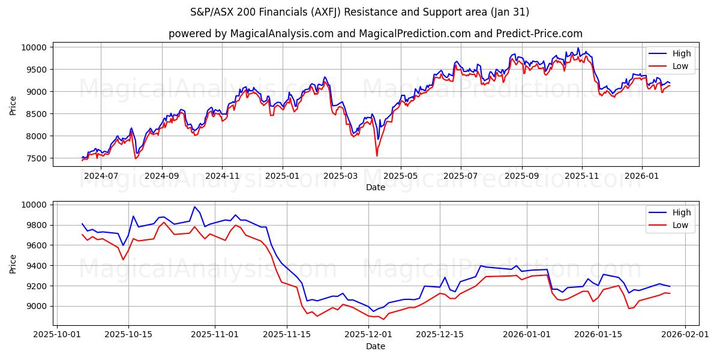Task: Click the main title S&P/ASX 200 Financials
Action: [x=359, y=12]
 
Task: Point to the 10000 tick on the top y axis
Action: [x=34, y=47]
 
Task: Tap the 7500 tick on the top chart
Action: [x=37, y=158]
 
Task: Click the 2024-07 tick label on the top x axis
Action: [x=101, y=176]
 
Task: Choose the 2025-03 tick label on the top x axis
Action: [x=341, y=176]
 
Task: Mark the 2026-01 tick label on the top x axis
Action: [x=642, y=176]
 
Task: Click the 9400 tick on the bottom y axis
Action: [x=37, y=266]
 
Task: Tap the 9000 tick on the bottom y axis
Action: [x=37, y=306]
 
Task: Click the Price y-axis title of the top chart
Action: [x=13, y=104]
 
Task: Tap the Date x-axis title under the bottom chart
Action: [x=375, y=346]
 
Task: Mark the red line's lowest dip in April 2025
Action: [x=377, y=156]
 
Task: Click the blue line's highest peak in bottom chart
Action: [x=194, y=207]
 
